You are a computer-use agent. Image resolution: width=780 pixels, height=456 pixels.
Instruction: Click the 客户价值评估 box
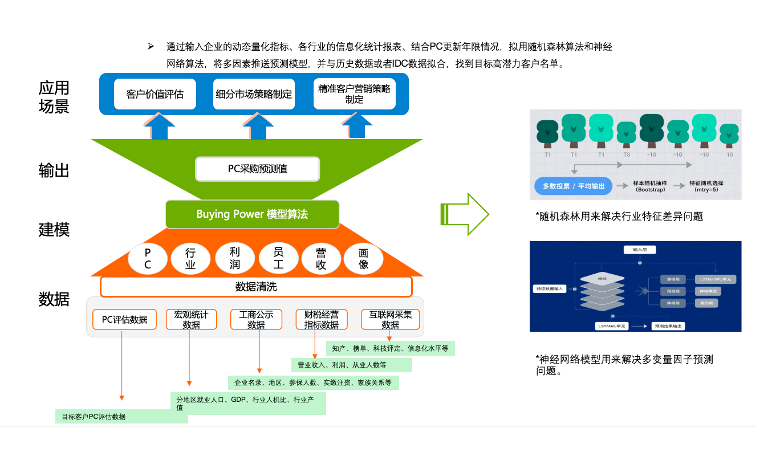click(x=155, y=94)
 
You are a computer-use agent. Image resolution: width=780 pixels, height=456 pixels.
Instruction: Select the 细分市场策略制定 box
click(x=254, y=94)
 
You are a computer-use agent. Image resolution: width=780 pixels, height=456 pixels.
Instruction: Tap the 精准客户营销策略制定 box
click(x=354, y=94)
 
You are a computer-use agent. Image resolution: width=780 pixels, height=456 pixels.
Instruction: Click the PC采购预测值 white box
click(x=257, y=169)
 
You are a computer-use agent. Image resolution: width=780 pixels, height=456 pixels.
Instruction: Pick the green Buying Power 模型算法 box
click(x=252, y=214)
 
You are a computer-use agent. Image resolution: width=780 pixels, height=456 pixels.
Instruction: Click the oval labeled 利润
click(x=234, y=258)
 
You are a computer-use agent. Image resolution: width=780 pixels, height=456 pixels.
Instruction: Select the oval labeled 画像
click(x=363, y=258)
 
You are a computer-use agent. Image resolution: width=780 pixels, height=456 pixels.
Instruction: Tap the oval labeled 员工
click(x=278, y=258)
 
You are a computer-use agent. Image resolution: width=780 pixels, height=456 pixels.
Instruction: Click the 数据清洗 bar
click(x=256, y=287)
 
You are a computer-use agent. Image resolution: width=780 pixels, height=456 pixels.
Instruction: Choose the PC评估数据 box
click(x=124, y=319)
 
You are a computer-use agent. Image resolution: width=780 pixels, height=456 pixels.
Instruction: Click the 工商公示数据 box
click(x=256, y=319)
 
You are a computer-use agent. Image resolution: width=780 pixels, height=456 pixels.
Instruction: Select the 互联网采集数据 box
click(x=390, y=319)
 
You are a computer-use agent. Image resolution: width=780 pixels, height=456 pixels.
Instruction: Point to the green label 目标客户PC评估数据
click(x=121, y=417)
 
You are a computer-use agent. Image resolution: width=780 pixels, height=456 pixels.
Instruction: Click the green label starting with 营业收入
click(x=351, y=365)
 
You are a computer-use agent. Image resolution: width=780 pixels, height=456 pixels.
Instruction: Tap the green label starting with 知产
click(x=390, y=348)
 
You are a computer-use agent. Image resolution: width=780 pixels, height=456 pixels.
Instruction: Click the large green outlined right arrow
click(x=465, y=214)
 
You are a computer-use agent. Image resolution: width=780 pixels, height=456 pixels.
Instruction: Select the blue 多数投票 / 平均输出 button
click(x=574, y=186)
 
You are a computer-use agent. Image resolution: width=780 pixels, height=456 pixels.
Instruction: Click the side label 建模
click(x=54, y=230)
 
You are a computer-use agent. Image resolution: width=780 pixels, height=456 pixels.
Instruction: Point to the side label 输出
click(x=54, y=170)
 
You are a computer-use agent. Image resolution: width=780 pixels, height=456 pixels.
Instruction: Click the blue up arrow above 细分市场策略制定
click(x=258, y=127)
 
